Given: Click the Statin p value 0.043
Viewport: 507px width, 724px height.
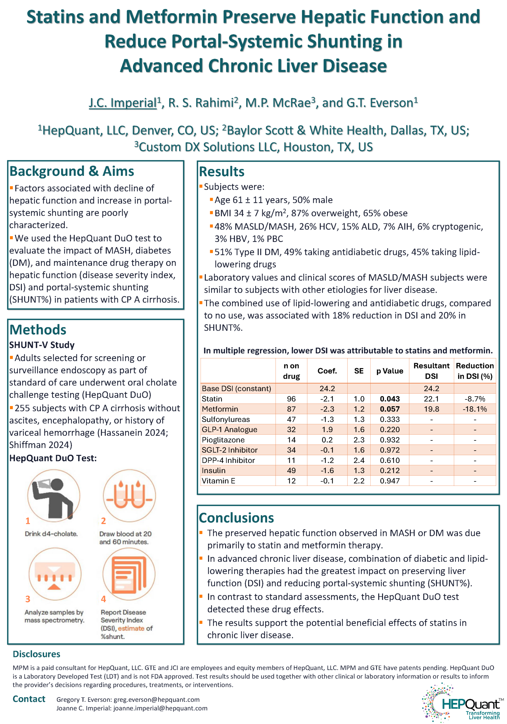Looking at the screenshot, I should [x=390, y=399].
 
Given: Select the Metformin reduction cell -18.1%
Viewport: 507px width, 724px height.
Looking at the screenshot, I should [x=474, y=409].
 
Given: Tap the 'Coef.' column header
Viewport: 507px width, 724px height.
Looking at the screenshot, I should [x=327, y=371].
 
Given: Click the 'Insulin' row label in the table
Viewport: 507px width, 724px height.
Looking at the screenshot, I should [x=214, y=471].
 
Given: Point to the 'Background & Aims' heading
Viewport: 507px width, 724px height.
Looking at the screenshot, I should [x=72, y=171].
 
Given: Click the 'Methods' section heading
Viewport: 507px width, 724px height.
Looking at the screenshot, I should [x=38, y=330].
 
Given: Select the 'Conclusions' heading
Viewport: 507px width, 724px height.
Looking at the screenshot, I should [x=236, y=518].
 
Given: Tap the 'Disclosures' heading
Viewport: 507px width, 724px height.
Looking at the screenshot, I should [x=36, y=654].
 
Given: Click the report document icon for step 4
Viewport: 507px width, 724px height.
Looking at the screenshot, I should [x=129, y=574].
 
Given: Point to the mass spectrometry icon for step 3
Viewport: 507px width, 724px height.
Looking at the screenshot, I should [x=55, y=574].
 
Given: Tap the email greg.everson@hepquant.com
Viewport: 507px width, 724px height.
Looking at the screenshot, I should [x=156, y=699].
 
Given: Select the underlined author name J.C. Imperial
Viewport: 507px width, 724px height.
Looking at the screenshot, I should [x=123, y=103].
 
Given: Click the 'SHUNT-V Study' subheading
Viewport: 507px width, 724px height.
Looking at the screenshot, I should [x=42, y=345].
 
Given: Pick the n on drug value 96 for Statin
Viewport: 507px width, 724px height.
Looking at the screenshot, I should [x=291, y=399].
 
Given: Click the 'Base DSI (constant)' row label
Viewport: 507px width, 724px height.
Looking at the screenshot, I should [x=236, y=389].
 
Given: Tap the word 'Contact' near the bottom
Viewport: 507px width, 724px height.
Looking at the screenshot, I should [x=29, y=699].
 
